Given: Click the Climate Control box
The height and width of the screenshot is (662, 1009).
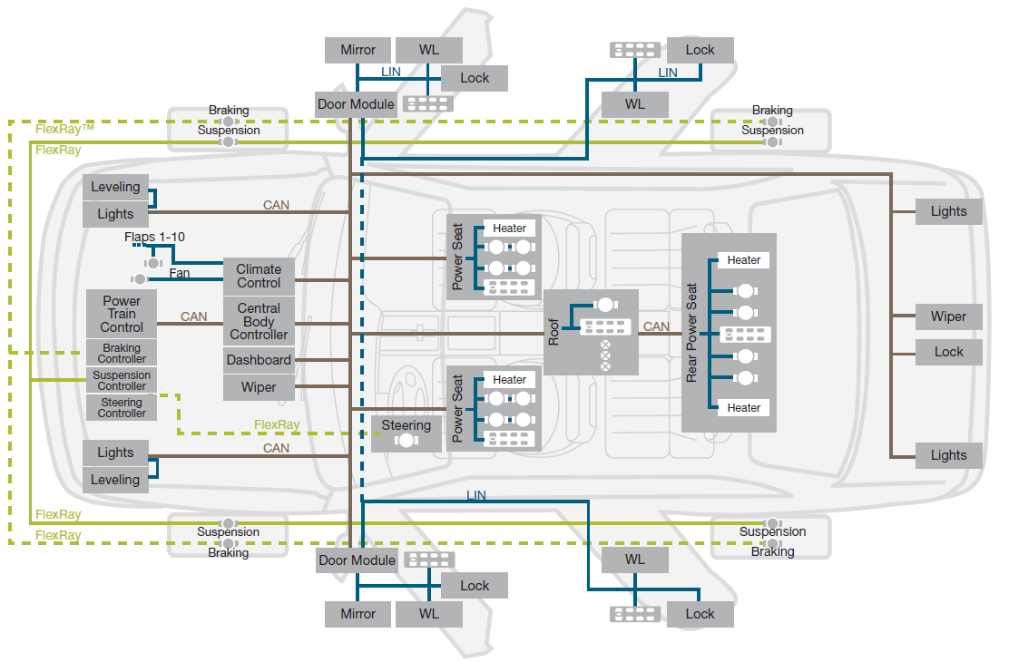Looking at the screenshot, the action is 259,277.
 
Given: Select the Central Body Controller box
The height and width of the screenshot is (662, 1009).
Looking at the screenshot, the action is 259,321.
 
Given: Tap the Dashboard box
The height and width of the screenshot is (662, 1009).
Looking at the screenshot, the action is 259,360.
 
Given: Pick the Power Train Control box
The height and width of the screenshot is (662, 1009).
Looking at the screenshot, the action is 122,313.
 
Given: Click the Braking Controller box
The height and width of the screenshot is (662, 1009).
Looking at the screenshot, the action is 122,353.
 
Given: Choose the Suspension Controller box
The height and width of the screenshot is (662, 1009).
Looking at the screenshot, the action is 122,380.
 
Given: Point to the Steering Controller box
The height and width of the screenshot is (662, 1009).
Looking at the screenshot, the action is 122,408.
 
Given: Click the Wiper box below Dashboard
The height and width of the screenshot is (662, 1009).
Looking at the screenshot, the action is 259,387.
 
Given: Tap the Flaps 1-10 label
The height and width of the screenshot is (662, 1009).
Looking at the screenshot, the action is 154,237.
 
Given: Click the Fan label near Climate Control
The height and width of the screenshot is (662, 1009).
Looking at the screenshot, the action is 180,273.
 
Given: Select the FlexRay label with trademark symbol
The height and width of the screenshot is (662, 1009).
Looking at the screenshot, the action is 64,129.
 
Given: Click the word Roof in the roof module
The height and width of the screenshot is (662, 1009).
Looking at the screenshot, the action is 553,332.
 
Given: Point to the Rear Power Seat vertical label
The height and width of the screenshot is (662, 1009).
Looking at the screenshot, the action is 691,333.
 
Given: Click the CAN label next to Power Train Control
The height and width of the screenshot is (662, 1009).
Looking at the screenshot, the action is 193,316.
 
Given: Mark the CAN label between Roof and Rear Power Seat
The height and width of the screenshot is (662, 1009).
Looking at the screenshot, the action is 656,326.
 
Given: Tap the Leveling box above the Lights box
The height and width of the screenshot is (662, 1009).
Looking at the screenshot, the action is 116,187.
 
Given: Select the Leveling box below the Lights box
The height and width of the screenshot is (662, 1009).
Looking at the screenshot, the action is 116,480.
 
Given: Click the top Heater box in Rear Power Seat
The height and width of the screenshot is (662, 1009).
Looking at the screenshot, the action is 744,260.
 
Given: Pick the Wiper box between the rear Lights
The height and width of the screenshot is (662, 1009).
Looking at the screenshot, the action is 948,316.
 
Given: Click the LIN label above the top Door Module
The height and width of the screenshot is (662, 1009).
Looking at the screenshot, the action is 390,72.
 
